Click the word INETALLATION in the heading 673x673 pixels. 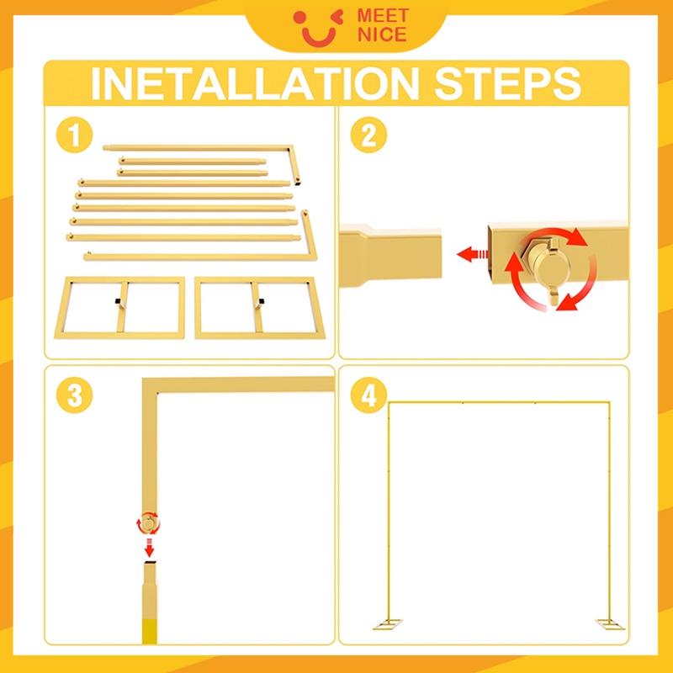coord(255,83)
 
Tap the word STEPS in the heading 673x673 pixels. coord(508,83)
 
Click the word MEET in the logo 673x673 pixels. coord(383,16)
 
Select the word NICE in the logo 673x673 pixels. coord(382,34)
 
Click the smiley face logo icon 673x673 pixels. coord(319,28)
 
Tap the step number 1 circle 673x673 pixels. coord(74,135)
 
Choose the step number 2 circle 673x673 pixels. coord(368,135)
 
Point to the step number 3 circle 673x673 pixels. coord(74,395)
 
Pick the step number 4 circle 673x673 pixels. coord(368,395)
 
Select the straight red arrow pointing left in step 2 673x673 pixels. coord(473,254)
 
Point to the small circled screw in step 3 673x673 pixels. coord(149,523)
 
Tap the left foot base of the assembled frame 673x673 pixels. coord(388,623)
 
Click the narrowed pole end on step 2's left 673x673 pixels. coord(389,257)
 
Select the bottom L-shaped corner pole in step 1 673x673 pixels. coord(200,257)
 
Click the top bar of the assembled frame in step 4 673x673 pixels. coord(499,403)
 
